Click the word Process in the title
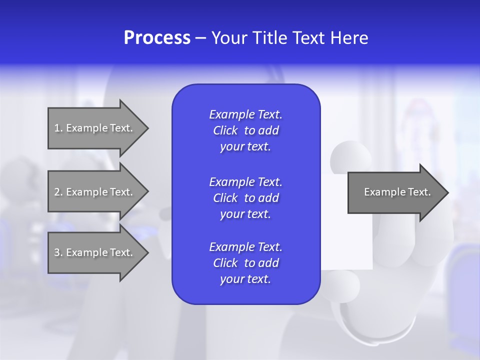click(x=157, y=38)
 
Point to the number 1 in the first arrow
click(x=57, y=128)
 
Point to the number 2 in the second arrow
click(x=57, y=192)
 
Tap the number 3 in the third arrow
click(x=57, y=252)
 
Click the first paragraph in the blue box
click(x=245, y=130)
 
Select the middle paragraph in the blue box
click(x=245, y=197)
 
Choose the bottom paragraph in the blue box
click(x=245, y=263)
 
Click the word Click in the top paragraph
click(x=225, y=130)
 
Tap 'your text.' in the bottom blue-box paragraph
click(x=245, y=279)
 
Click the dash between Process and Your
click(x=200, y=38)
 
